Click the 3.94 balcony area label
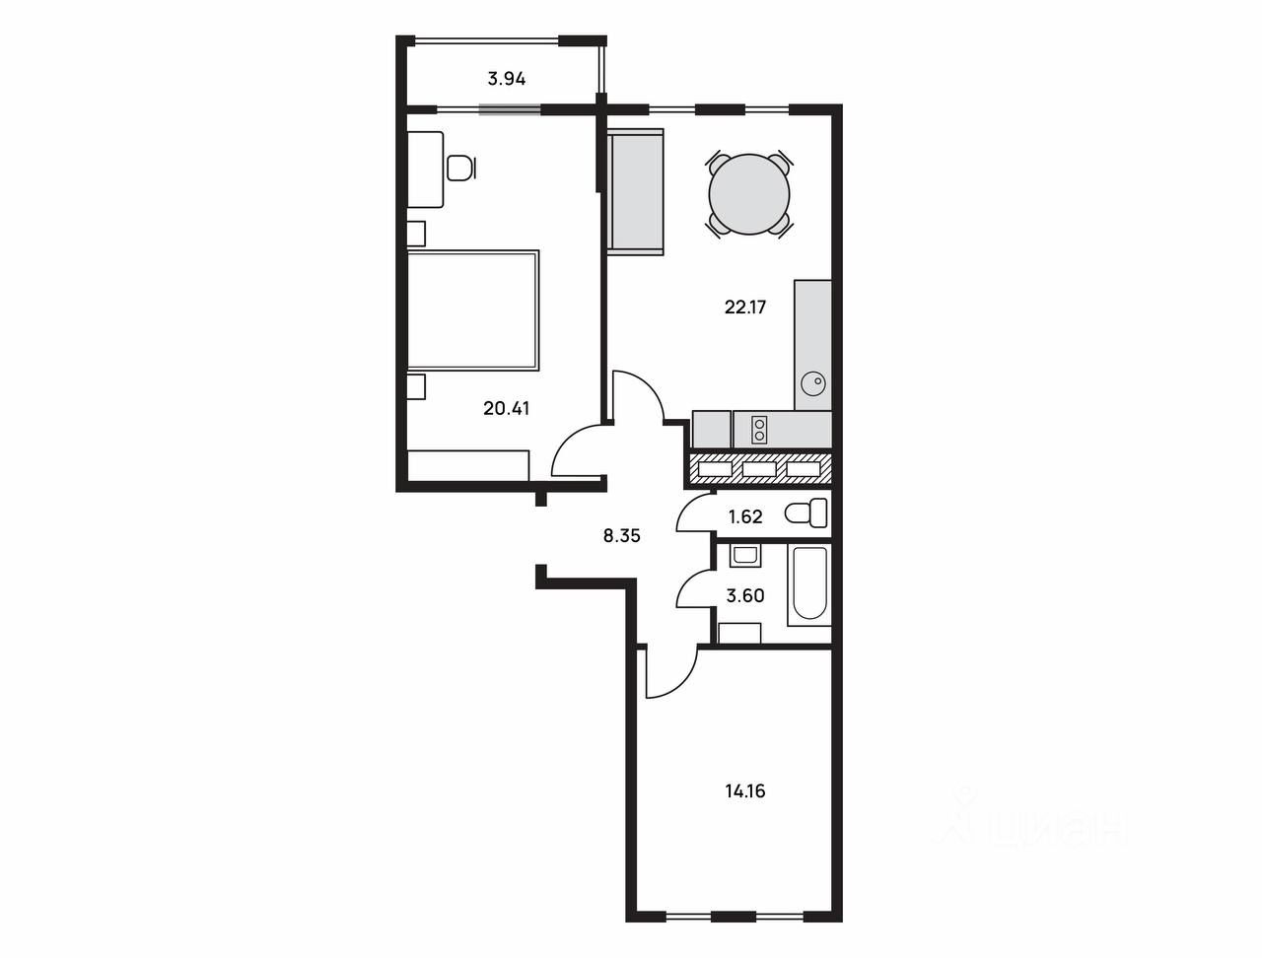(x=507, y=79)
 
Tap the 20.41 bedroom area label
(x=506, y=409)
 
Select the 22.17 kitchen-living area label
(x=745, y=308)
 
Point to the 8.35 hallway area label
(x=621, y=536)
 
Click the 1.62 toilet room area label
(x=745, y=517)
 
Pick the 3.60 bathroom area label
(x=745, y=596)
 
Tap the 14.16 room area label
(x=745, y=791)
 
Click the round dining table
(x=749, y=194)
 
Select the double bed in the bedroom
(x=473, y=309)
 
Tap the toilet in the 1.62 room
(x=806, y=513)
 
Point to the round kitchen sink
(x=813, y=382)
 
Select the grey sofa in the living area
(x=636, y=191)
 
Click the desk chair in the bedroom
(x=461, y=169)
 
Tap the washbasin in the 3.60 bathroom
(x=745, y=556)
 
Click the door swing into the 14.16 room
(x=671, y=671)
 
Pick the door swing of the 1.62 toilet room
(x=694, y=512)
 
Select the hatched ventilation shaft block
(x=759, y=468)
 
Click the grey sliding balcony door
(x=510, y=109)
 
